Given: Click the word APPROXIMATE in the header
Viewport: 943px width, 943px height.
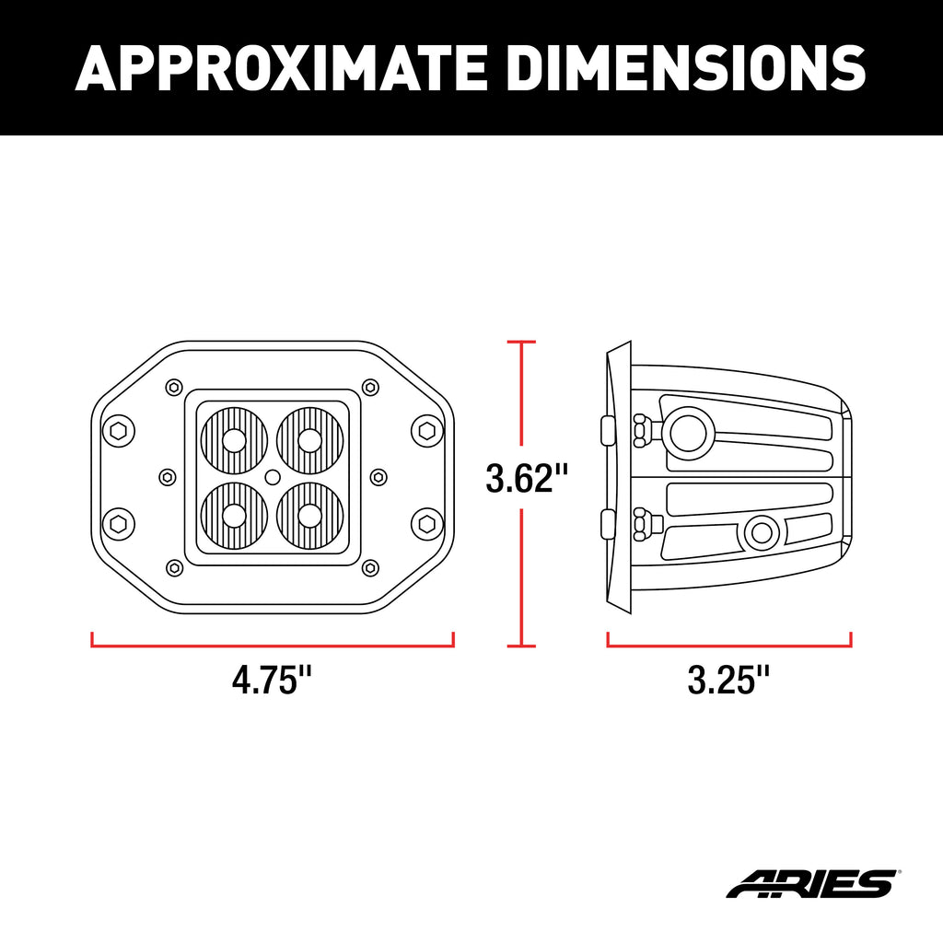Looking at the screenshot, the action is click(281, 67).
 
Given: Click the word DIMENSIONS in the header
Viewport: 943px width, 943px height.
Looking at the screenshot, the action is click(686, 67).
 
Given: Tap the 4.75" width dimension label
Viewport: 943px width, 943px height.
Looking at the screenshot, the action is click(272, 681).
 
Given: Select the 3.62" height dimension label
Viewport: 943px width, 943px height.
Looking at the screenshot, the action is click(526, 478).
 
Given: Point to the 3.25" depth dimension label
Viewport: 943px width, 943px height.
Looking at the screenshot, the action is click(728, 681).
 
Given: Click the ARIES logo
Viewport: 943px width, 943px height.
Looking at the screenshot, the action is click(812, 883).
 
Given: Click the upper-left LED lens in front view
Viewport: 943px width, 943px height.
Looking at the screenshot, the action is click(235, 441).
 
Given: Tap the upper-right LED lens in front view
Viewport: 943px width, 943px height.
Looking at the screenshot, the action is click(310, 441).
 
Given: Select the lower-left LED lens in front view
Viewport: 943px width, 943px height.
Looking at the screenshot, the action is click(235, 516).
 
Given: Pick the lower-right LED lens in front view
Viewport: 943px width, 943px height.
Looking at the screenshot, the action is click(310, 516).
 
